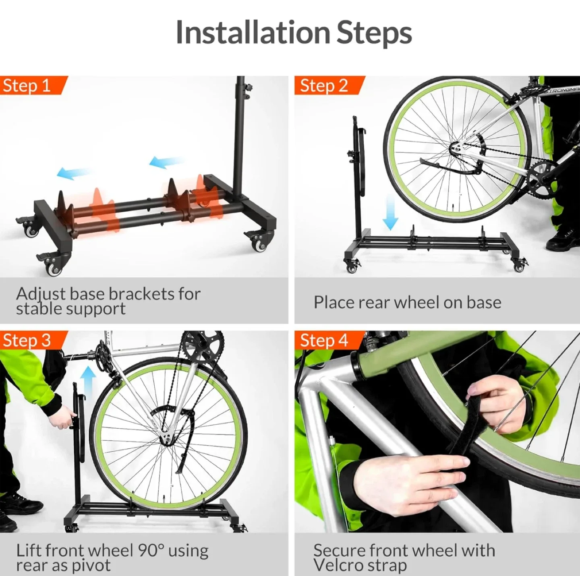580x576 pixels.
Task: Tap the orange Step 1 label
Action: [27, 86]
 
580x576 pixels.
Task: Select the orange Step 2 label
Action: [324, 86]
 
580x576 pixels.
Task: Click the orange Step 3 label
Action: [27, 341]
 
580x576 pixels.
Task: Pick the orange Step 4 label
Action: [324, 341]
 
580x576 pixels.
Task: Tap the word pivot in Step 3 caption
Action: [91, 565]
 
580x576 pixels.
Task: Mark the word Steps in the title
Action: [374, 32]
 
